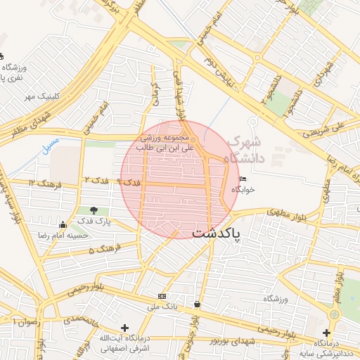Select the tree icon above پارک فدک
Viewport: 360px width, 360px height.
point(94,210)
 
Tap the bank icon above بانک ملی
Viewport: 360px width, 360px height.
point(162,296)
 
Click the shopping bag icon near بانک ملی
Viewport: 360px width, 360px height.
point(196,304)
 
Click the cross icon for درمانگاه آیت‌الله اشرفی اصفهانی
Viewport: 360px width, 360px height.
point(124,328)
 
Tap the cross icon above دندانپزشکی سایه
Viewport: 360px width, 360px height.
point(326,332)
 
